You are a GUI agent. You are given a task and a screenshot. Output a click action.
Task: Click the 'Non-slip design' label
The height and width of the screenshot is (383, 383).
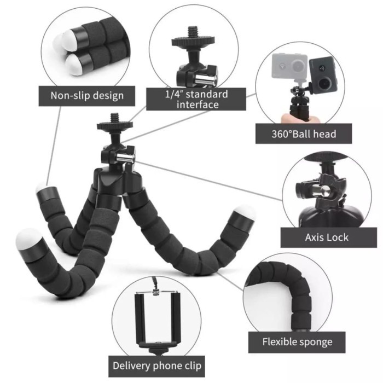87,96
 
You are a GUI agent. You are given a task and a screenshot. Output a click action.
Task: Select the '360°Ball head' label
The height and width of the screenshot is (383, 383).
303,133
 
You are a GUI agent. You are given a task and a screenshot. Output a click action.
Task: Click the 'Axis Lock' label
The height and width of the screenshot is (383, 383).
327,237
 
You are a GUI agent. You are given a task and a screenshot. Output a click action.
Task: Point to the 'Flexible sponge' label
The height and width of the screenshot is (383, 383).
297,342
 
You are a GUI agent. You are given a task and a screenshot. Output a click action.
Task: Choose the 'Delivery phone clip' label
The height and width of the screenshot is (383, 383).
157,365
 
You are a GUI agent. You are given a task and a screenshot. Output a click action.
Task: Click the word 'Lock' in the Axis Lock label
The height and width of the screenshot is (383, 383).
338,237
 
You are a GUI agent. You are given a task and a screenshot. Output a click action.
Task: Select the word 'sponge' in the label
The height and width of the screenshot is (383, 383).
313,343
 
